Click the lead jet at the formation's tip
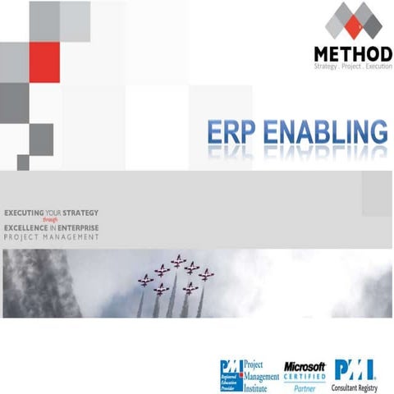(x=178, y=261)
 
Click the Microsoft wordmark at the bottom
(x=305, y=365)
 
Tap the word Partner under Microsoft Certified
(x=305, y=383)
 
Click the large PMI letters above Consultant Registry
(x=353, y=368)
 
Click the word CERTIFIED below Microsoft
(x=305, y=375)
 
